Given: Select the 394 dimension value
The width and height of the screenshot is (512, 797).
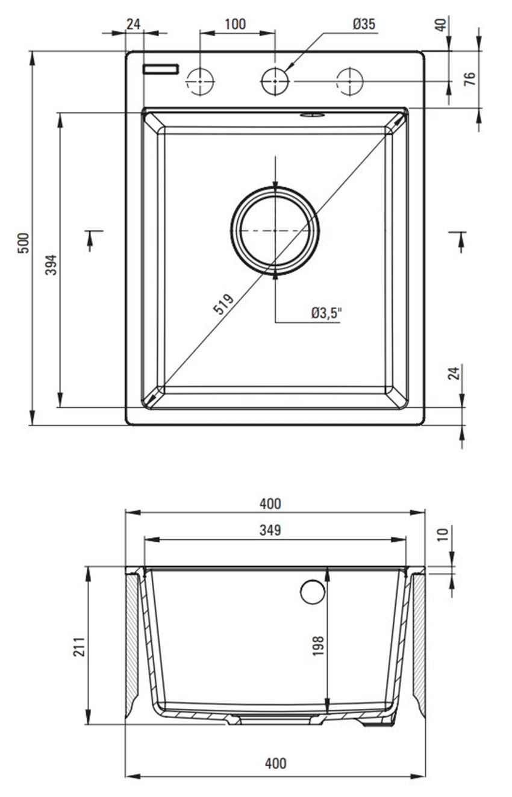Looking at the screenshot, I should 52,265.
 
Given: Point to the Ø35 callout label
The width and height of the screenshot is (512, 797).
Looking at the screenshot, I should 363,24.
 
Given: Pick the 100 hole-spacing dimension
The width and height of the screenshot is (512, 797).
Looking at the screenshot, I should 235,24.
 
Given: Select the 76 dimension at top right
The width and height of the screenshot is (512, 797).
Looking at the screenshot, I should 470,78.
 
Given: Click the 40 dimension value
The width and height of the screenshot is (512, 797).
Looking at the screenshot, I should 441,25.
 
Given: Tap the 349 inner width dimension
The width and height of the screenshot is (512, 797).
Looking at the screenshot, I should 271,530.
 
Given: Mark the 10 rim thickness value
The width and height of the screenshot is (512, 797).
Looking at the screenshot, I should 442,534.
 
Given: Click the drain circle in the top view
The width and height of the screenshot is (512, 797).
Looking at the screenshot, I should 275,230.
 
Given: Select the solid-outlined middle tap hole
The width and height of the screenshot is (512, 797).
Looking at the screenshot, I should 275,81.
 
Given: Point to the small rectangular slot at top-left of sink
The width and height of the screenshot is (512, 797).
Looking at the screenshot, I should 161,69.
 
